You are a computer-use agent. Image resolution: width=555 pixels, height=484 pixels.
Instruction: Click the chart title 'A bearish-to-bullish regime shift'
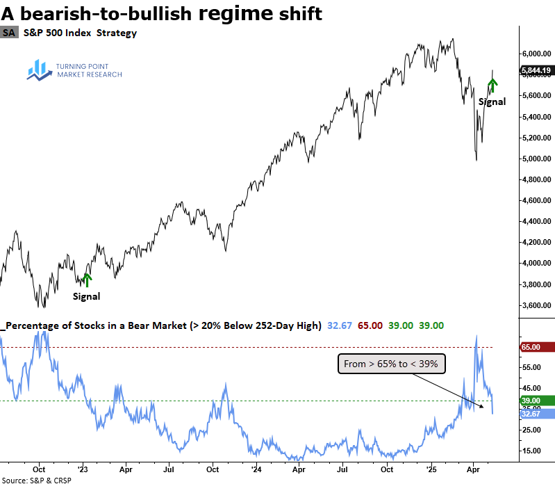162,13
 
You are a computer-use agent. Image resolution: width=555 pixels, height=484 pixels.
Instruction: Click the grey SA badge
9,33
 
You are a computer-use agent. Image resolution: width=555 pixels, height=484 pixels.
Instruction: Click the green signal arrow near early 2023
87,280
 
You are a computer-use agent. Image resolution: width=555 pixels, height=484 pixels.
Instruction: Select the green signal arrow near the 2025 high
492,85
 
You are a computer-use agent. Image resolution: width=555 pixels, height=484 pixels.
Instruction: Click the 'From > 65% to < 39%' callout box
392,363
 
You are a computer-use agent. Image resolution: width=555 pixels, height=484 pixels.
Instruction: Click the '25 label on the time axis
431,467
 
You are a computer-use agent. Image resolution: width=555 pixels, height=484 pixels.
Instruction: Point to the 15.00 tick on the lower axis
531,451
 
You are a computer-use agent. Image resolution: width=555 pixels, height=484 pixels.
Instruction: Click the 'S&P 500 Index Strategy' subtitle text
79,33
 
